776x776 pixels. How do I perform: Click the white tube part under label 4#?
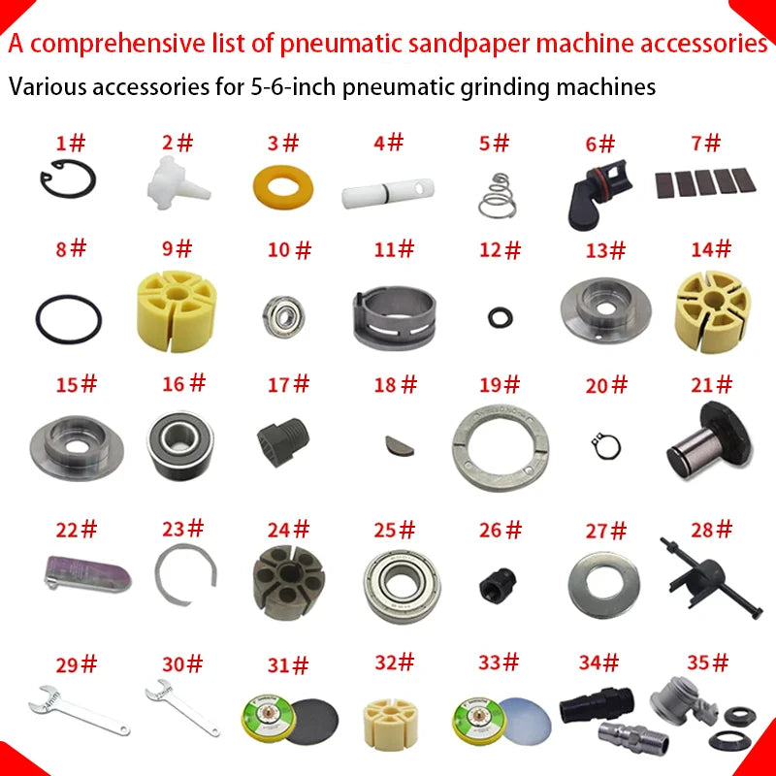point(384,192)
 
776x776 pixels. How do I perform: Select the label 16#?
point(183,383)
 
